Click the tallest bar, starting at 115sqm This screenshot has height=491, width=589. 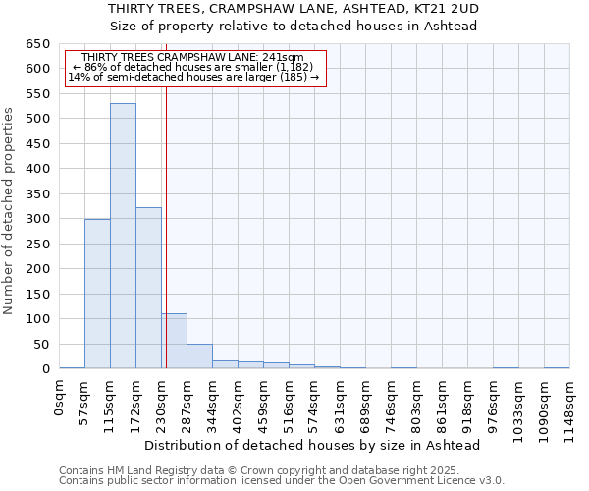(123, 236)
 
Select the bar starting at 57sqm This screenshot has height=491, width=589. (97, 294)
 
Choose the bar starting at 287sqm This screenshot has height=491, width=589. (199, 356)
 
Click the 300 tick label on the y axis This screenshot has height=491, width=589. (38, 219)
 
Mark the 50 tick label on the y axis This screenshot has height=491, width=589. (42, 345)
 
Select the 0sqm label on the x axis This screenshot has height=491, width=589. (59, 398)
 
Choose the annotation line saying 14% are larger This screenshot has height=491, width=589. (192, 78)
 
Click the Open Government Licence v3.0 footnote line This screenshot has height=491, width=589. (281, 480)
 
